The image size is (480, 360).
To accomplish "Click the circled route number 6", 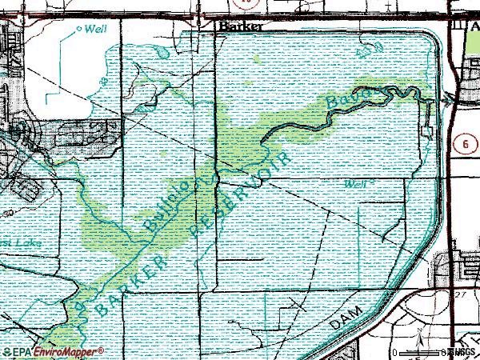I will [466, 142].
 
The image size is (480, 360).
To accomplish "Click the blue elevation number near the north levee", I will [369, 52].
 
